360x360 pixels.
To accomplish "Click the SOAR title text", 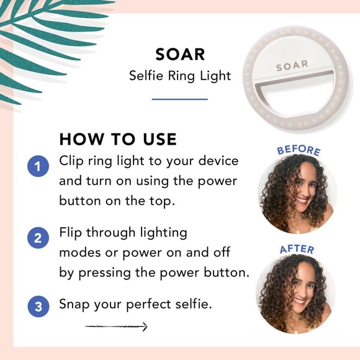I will pos(180,54).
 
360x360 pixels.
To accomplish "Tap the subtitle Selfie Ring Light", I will pos(180,76).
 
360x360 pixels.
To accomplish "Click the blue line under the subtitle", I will pos(180,99).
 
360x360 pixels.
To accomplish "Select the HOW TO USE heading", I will pos(118,138).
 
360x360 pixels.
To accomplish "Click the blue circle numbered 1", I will pos(38,166).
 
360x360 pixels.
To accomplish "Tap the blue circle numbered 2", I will pos(38,238).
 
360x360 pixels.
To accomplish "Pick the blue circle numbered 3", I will pos(38,306).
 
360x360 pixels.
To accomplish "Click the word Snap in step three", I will pos(74,305).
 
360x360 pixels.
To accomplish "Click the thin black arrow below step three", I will pos(116,326).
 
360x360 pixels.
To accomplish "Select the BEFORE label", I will pos(299,150).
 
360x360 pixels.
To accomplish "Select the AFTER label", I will pos(297,250).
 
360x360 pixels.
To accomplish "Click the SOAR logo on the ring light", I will pos(292,65).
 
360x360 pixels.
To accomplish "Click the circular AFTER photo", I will pos(295,294).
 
